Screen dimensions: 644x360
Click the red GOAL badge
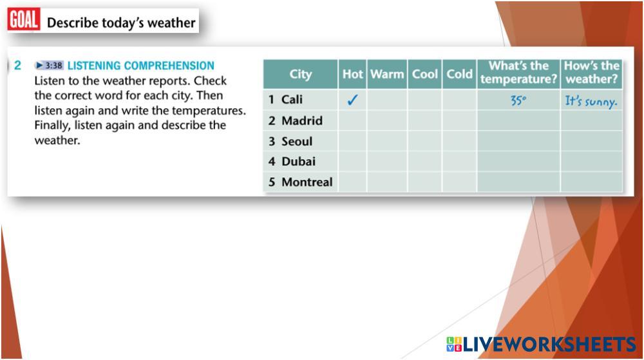24,20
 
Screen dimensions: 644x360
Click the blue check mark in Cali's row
352,100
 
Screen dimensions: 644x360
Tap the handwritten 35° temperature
518,100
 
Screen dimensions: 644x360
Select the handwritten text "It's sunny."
591,101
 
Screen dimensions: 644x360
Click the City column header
301,74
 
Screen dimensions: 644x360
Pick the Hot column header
352,74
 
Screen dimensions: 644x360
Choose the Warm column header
387,74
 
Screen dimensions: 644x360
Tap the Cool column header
424,74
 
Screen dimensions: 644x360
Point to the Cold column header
460,74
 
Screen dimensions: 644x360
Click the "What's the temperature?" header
518,73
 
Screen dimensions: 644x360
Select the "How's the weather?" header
591,73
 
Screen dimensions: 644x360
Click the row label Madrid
302,120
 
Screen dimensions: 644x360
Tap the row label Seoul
297,141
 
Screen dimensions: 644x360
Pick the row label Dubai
299,161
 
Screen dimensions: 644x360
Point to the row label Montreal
307,182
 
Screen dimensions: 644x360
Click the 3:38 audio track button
49,65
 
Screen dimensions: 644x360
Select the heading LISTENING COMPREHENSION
141,66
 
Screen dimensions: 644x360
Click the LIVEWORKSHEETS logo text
549,344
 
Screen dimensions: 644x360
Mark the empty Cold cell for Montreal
460,182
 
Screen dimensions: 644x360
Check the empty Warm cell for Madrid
387,120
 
